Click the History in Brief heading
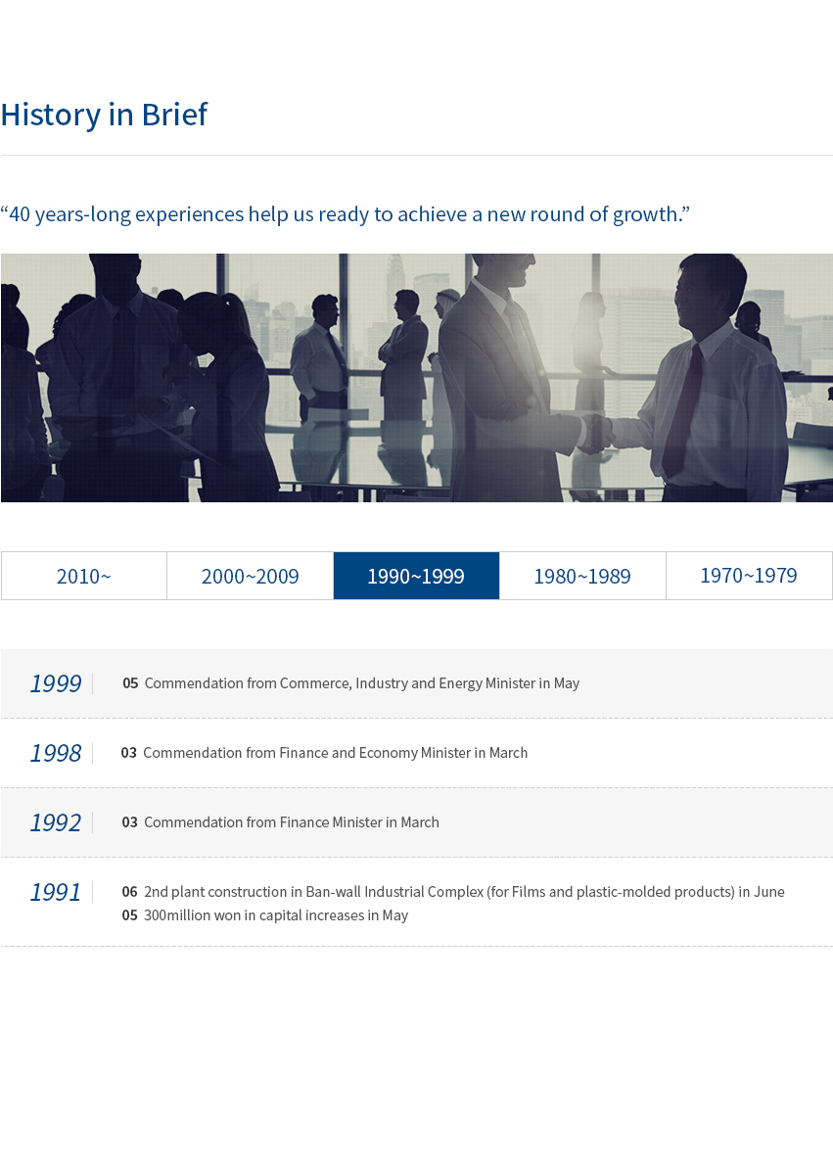[x=104, y=115]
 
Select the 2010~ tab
[x=83, y=576]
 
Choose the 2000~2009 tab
[x=251, y=576]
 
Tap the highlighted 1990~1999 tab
[x=416, y=576]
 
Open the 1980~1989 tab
[x=582, y=576]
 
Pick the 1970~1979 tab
[x=749, y=576]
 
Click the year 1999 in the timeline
[x=55, y=683]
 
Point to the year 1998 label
[x=55, y=753]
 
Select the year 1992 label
[x=55, y=822]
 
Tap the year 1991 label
[x=55, y=892]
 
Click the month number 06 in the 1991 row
[x=129, y=892]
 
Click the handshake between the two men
[x=596, y=433]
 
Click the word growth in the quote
[x=644, y=215]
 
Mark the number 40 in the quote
[x=21, y=214]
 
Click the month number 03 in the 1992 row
[x=129, y=822]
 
